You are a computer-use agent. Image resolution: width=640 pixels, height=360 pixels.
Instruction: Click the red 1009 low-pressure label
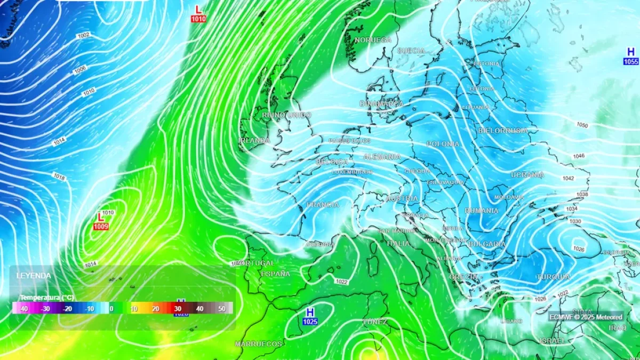click(x=100, y=227)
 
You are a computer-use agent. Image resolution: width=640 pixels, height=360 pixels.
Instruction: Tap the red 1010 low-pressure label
click(x=198, y=19)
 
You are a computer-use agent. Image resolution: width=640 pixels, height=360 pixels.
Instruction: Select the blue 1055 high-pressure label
click(x=631, y=61)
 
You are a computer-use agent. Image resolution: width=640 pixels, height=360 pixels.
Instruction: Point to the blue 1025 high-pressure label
click(x=310, y=322)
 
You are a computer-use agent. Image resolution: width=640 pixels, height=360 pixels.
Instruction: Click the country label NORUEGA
click(x=373, y=40)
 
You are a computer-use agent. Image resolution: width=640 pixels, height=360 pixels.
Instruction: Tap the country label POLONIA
click(x=443, y=144)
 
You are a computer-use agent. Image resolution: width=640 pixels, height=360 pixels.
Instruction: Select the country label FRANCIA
click(x=323, y=205)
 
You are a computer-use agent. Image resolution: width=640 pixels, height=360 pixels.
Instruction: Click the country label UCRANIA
click(x=527, y=175)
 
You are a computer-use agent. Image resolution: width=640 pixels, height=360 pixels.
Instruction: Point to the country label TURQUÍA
click(x=554, y=277)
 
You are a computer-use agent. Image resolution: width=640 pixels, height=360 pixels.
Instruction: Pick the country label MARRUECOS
click(x=258, y=344)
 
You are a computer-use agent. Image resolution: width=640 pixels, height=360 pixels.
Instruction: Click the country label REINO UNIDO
click(x=286, y=115)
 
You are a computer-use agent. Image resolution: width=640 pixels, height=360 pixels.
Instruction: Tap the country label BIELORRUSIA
click(x=503, y=131)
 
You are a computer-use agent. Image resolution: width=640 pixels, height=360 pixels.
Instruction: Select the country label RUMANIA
click(x=482, y=211)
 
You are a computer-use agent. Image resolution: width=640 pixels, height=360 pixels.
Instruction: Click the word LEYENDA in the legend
click(x=34, y=276)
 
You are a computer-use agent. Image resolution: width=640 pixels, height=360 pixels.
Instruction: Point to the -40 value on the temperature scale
click(x=23, y=309)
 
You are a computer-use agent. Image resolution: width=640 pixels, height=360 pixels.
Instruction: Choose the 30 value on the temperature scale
click(x=178, y=309)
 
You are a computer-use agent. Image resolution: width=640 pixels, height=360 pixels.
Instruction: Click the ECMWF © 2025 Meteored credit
click(x=586, y=317)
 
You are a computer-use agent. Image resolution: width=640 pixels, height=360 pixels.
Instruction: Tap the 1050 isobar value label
click(x=582, y=125)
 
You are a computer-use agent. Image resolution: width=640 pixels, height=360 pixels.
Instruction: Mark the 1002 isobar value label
click(x=83, y=35)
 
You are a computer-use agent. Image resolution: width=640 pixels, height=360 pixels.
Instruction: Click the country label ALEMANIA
click(x=382, y=157)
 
